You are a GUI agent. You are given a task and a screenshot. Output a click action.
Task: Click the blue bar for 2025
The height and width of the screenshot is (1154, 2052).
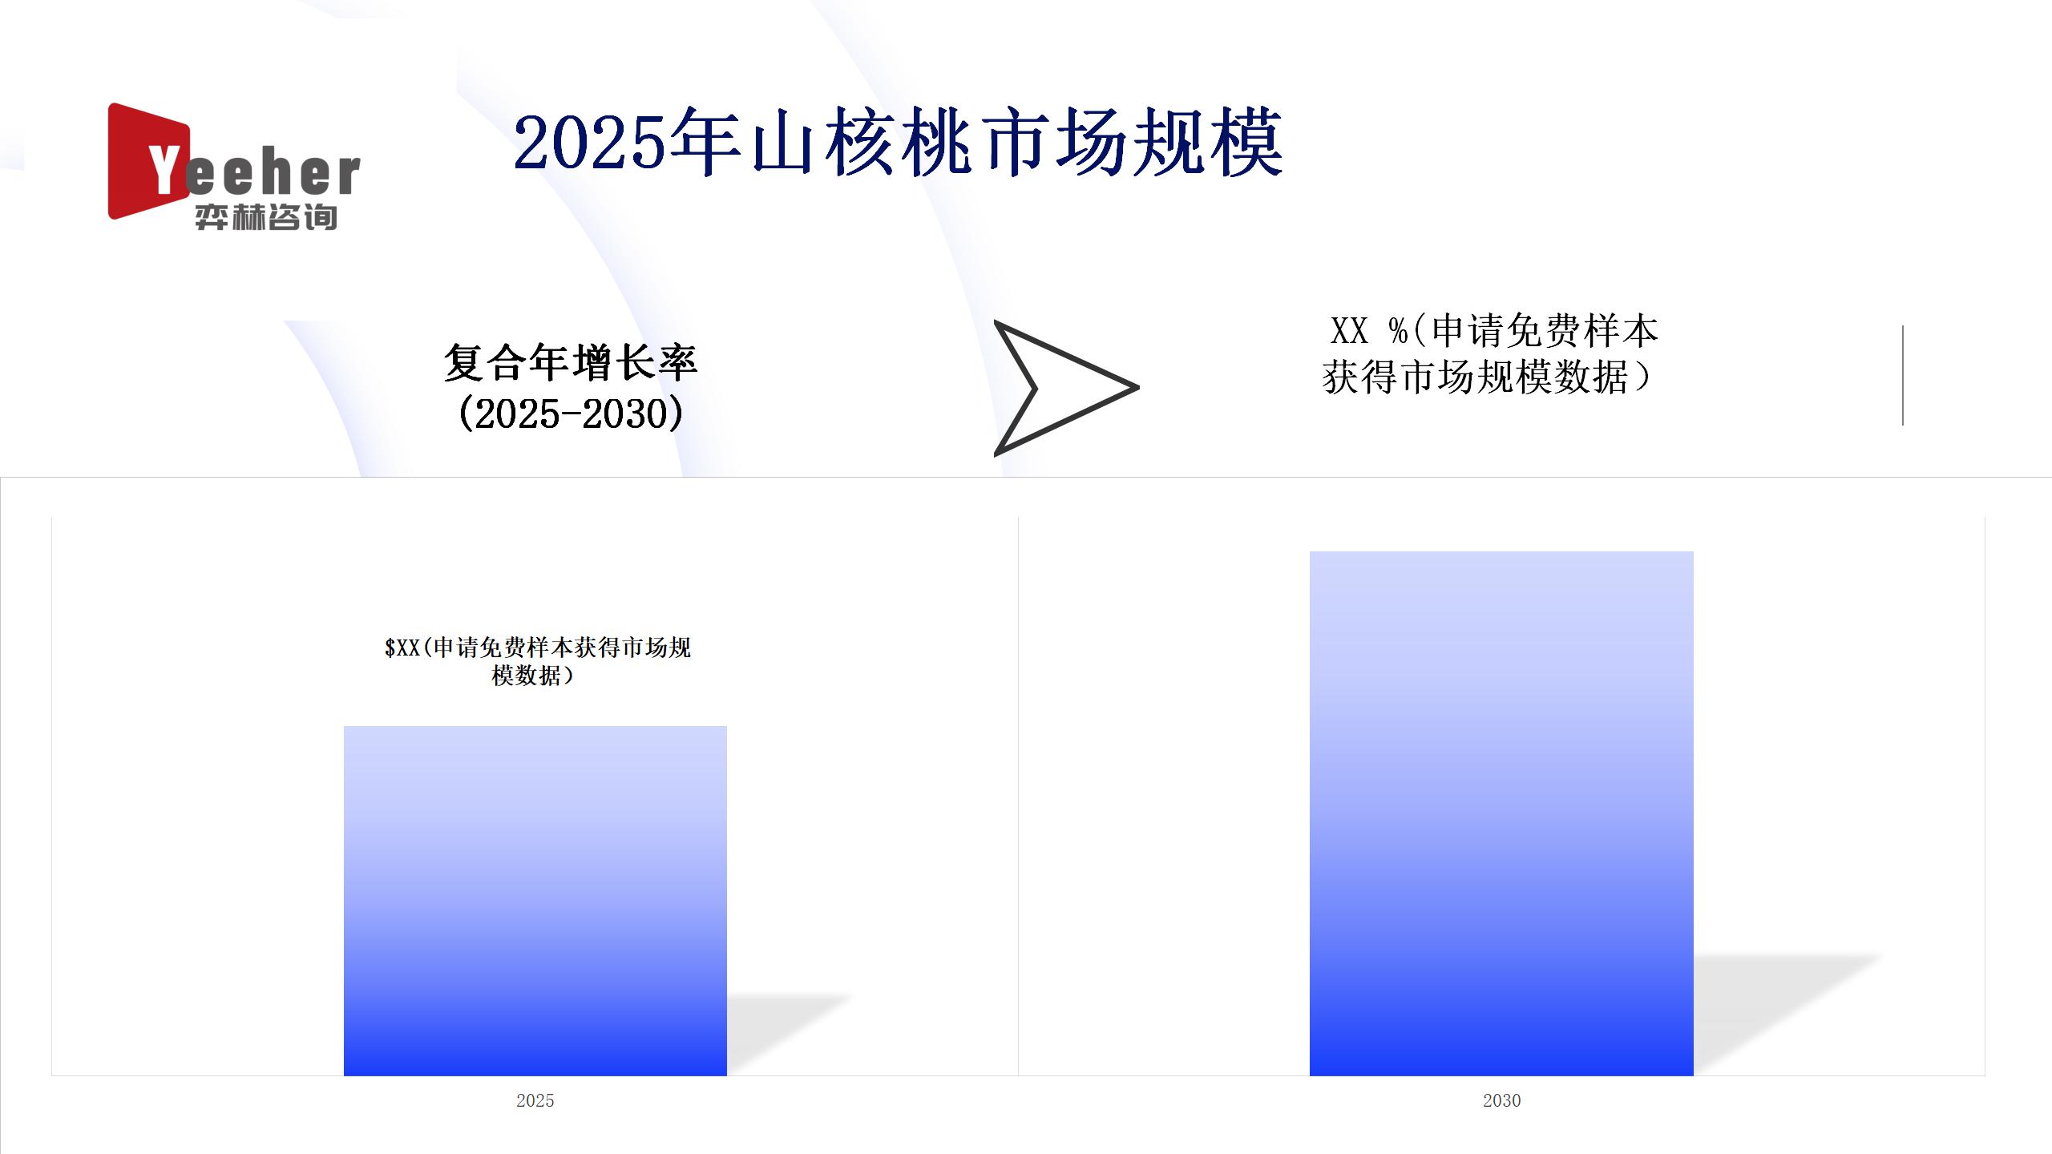click(x=535, y=901)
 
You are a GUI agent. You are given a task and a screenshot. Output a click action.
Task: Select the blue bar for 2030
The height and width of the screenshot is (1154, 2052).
click(x=1501, y=813)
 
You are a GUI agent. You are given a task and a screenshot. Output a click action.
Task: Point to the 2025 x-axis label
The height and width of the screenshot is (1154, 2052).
click(x=535, y=1100)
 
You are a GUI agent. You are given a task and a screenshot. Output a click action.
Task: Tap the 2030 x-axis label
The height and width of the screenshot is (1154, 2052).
click(x=1501, y=1100)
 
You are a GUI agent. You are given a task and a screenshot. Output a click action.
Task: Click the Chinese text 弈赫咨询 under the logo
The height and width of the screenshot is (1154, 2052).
click(x=266, y=217)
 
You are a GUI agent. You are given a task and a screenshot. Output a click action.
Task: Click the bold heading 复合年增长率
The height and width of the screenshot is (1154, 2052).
click(x=571, y=363)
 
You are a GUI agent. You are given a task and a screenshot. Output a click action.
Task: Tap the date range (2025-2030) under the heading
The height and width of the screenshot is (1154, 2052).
click(x=571, y=414)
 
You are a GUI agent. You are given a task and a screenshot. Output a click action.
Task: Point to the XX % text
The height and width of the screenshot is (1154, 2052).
click(x=1368, y=331)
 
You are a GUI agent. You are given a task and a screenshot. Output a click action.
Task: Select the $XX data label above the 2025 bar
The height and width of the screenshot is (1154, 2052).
click(x=537, y=661)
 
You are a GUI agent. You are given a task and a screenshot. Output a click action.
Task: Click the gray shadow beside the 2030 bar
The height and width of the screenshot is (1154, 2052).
click(x=1787, y=1013)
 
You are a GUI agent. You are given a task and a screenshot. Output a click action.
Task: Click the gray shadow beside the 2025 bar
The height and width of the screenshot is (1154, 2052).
click(x=790, y=1034)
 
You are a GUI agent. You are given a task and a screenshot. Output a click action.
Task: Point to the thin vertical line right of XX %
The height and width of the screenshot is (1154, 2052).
click(x=1903, y=375)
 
